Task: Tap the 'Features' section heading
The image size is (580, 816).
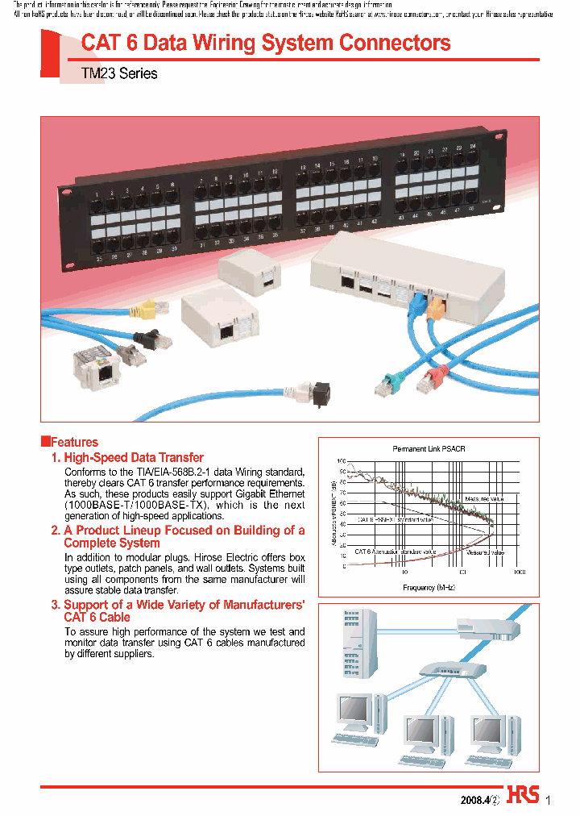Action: pyautogui.click(x=73, y=442)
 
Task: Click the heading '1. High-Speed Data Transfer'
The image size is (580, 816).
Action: pyautogui.click(x=127, y=457)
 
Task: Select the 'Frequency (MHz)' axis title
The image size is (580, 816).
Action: pyautogui.click(x=429, y=588)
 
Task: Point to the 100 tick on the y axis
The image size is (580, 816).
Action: pyautogui.click(x=341, y=460)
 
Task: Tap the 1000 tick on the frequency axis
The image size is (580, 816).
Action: pyautogui.click(x=519, y=572)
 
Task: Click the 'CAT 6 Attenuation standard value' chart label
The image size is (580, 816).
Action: pyautogui.click(x=394, y=552)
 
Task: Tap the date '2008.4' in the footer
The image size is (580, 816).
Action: pyautogui.click(x=474, y=801)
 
